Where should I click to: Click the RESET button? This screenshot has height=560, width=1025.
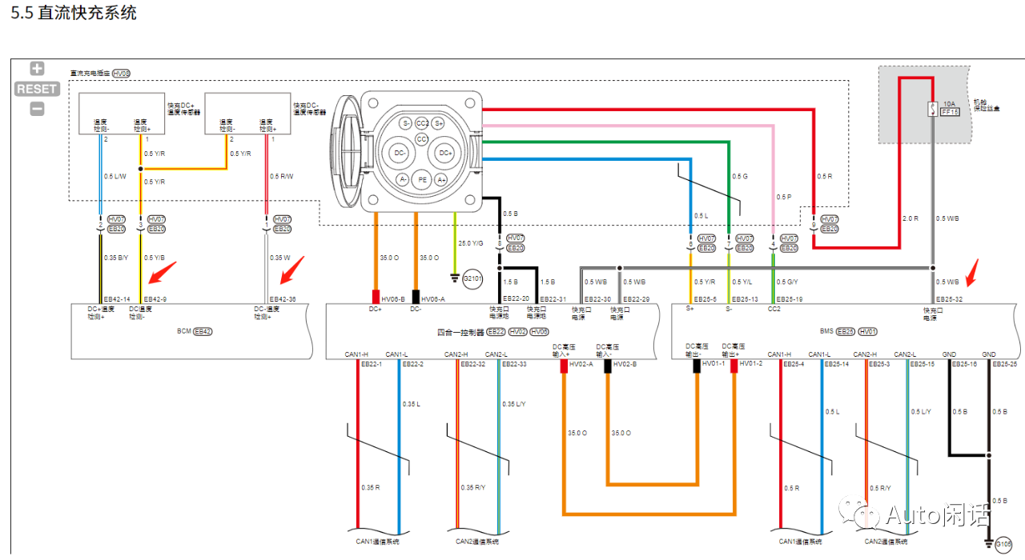coord(37,89)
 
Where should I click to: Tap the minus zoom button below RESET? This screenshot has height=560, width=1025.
coord(37,109)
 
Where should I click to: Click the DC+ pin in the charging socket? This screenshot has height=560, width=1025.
coord(445,152)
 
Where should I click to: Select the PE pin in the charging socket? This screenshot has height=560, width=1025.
coord(422,180)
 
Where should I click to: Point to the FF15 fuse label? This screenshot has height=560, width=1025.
coord(950,113)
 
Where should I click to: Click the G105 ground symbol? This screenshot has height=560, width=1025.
coord(1003,545)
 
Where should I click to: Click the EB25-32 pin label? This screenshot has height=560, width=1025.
coord(949,298)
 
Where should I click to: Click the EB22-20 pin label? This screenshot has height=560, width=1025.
coord(516,298)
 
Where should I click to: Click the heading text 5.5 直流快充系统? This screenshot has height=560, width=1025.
coord(74,13)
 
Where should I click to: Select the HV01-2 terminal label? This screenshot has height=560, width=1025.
coord(750,364)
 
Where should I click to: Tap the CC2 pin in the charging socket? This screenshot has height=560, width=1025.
coord(423,123)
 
